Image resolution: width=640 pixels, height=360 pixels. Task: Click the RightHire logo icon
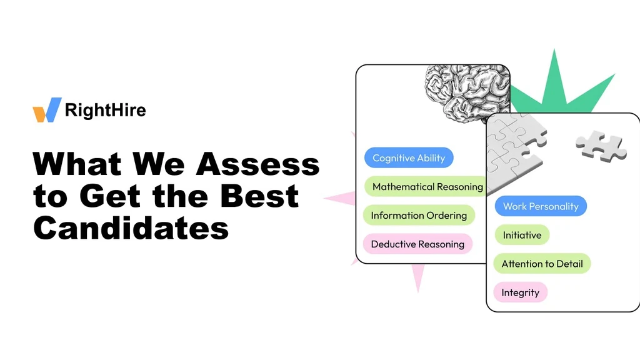point(47,110)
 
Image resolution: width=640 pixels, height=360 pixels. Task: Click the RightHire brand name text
point(105,111)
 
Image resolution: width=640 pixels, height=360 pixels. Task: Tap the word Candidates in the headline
point(131,228)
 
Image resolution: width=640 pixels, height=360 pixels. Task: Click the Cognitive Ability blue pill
point(408,158)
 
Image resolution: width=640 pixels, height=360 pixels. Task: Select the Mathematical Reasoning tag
point(427,186)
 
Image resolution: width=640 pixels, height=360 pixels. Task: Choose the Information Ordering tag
point(419,216)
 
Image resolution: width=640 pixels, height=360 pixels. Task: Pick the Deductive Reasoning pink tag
point(417,244)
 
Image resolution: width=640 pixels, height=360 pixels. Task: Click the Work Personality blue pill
point(541,206)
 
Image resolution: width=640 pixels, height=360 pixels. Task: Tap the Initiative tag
point(522,235)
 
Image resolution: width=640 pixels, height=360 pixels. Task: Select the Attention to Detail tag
point(542,264)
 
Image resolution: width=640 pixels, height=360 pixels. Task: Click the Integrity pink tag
point(520,292)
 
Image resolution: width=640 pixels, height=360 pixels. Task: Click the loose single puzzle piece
point(601,146)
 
